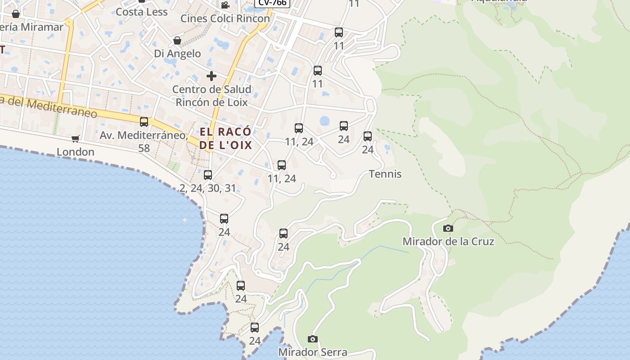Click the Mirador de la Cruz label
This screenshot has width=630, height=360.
pyautogui.click(x=448, y=242)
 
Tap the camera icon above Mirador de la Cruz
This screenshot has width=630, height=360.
pyautogui.click(x=448, y=229)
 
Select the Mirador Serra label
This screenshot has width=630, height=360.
pyautogui.click(x=313, y=352)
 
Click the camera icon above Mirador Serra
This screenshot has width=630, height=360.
pyautogui.click(x=313, y=339)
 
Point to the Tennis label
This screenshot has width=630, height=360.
pyautogui.click(x=385, y=174)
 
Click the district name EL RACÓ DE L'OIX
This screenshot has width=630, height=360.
pyautogui.click(x=225, y=139)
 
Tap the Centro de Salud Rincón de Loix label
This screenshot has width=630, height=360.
pyautogui.click(x=211, y=96)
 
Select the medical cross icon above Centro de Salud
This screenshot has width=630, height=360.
pyautogui.click(x=211, y=76)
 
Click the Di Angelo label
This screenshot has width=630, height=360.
pyautogui.click(x=177, y=54)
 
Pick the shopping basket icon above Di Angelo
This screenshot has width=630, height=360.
pyautogui.click(x=177, y=41)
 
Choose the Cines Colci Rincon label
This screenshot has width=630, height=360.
pyautogui.click(x=225, y=18)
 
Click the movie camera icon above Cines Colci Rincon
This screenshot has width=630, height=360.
pyautogui.click(x=225, y=5)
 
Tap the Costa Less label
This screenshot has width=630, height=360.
pyautogui.click(x=142, y=12)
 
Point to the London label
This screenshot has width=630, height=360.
pyautogui.click(x=76, y=152)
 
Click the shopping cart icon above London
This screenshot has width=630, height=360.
pyautogui.click(x=76, y=139)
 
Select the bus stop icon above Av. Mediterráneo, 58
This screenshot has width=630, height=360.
pyautogui.click(x=144, y=122)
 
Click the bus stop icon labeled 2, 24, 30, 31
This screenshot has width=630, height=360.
pyautogui.click(x=208, y=175)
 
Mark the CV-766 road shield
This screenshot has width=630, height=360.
pyautogui.click(x=272, y=3)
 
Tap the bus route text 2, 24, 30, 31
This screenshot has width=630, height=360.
pyautogui.click(x=208, y=188)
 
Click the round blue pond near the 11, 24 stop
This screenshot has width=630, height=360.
pyautogui.click(x=324, y=121)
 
